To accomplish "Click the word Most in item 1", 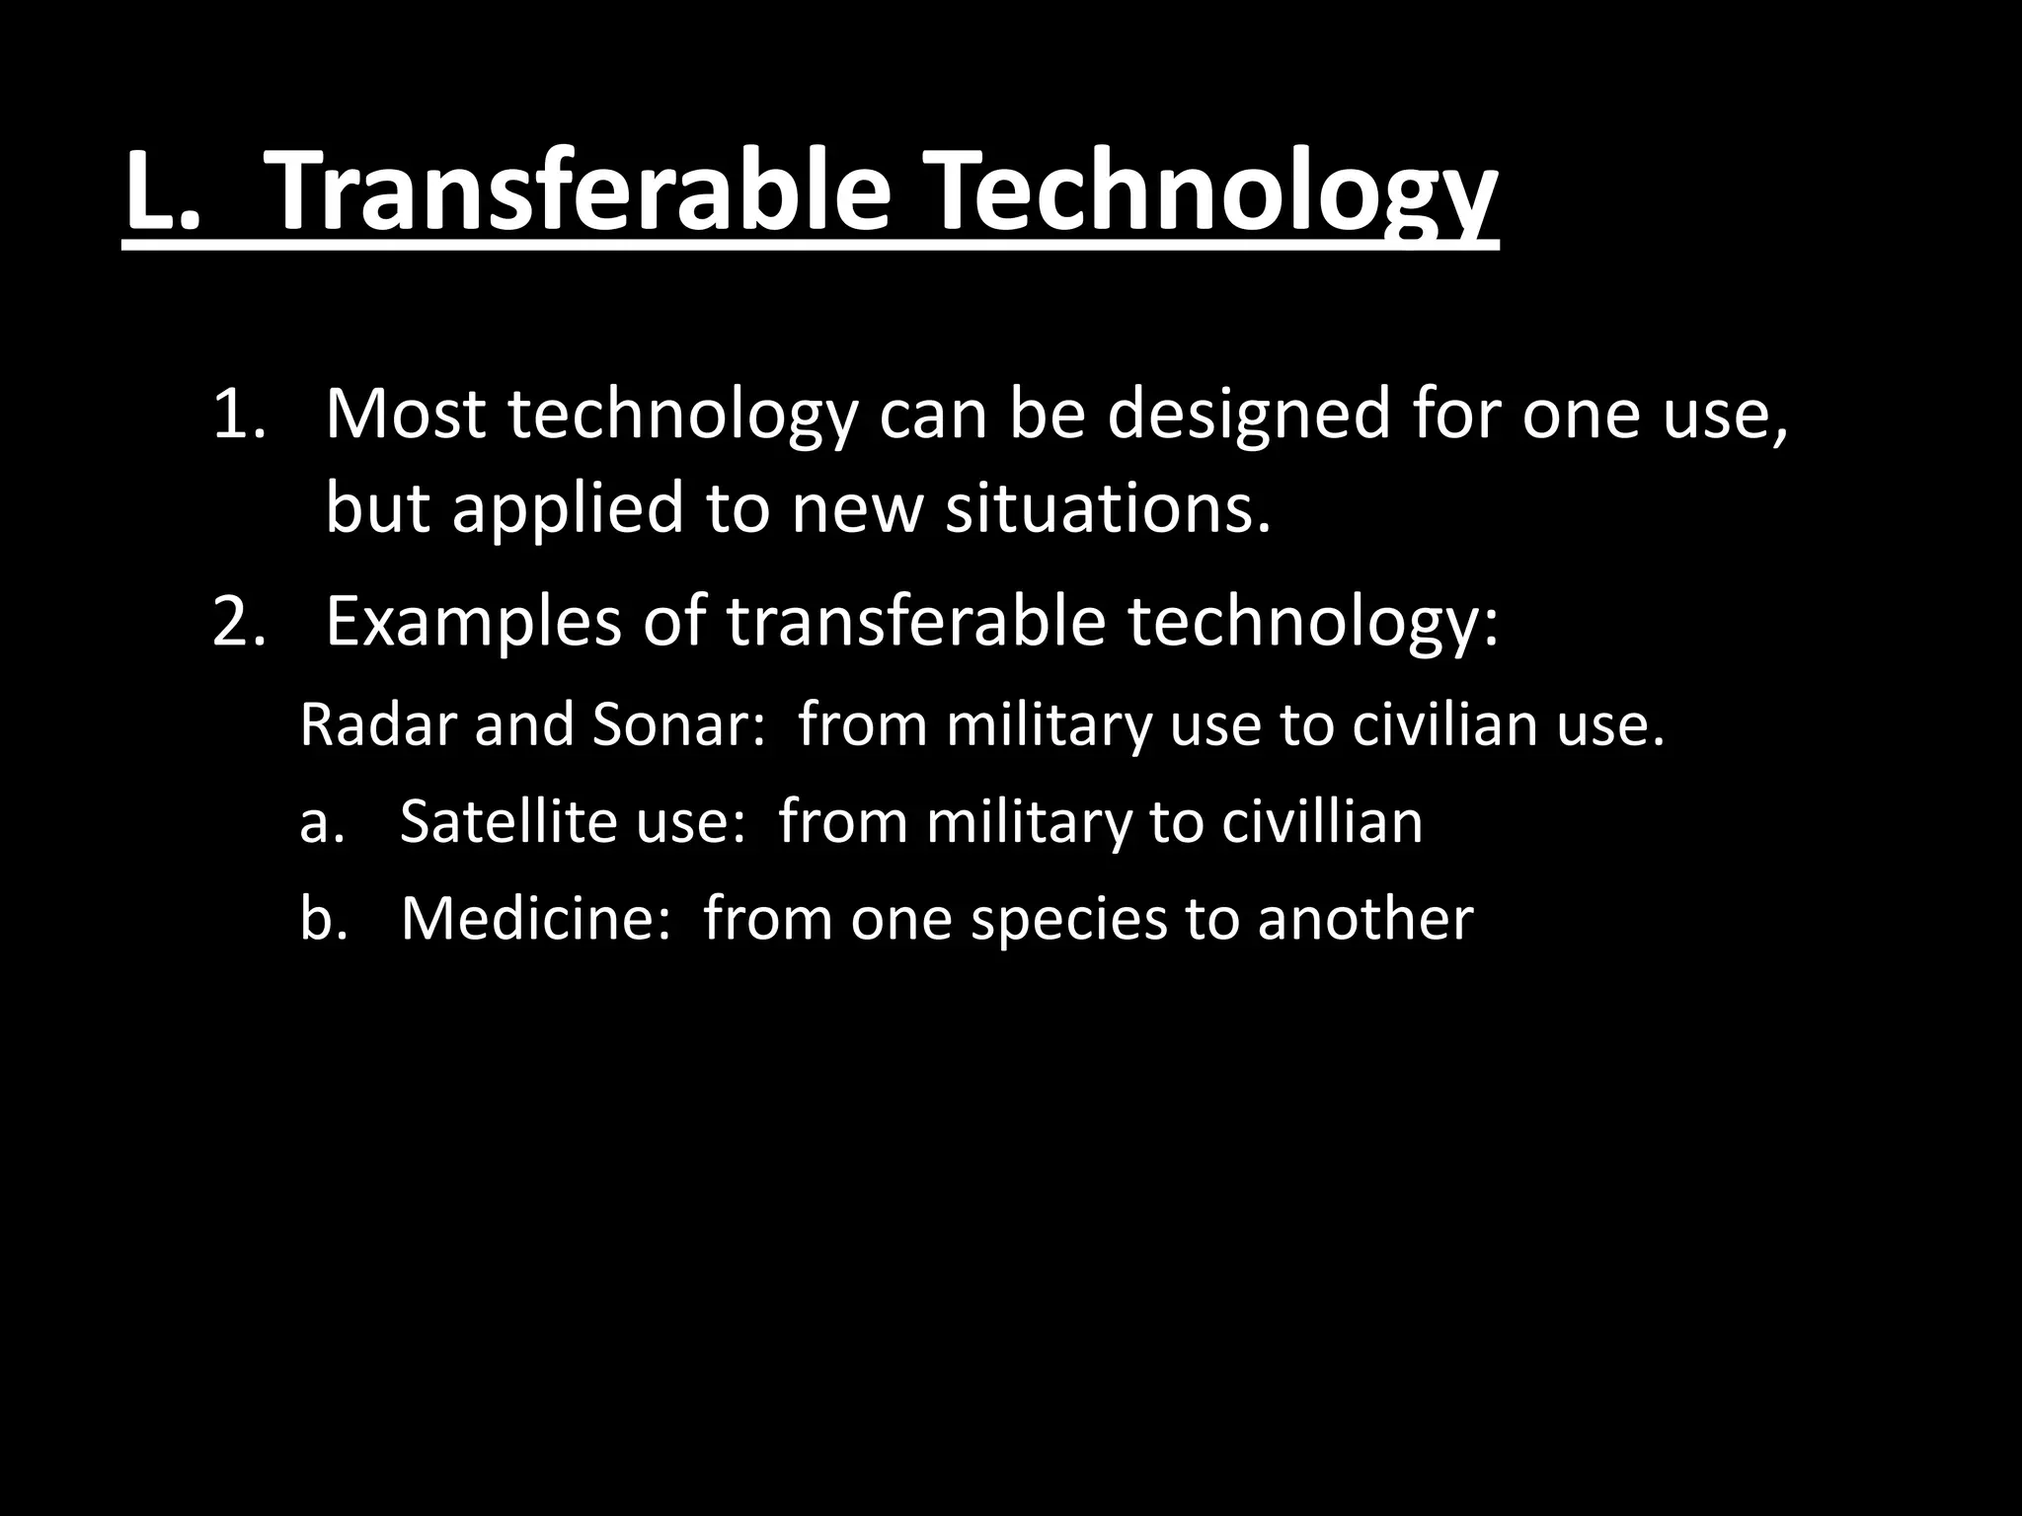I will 405,415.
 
